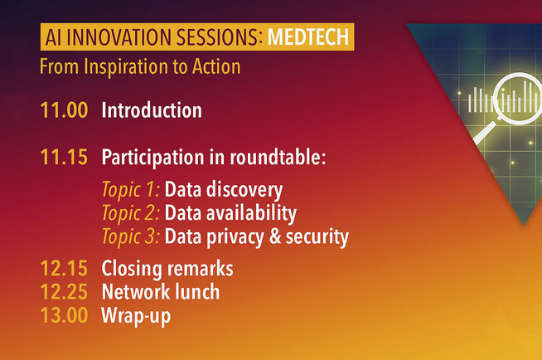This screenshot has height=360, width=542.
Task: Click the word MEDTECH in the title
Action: point(308,37)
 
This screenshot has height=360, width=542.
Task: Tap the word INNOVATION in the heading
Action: point(119,37)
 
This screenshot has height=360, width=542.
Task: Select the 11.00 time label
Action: point(64,110)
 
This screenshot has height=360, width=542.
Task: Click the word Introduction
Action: point(152,110)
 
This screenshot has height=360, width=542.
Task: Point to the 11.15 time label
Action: point(64,157)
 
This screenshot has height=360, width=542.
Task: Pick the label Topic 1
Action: point(131,190)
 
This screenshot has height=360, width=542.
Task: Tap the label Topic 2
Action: point(131,213)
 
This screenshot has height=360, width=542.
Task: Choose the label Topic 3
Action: point(131,237)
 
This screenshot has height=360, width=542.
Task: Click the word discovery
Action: point(244,190)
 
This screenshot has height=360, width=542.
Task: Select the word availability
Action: point(251,213)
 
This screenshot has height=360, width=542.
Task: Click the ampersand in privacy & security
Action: point(275,236)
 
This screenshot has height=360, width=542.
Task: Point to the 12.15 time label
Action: point(64,269)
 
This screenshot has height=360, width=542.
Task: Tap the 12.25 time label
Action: point(64,292)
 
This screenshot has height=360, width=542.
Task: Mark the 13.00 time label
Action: point(64,315)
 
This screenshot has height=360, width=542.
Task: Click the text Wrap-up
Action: point(136,316)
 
